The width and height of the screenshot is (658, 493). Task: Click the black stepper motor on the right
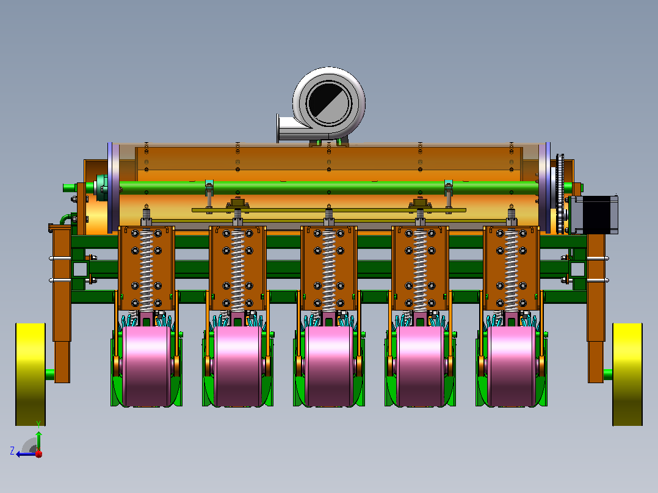coord(595,214)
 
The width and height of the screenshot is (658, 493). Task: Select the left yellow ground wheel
coord(31,374)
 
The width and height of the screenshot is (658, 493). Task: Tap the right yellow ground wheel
coord(627,374)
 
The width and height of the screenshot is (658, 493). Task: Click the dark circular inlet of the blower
coord(328,103)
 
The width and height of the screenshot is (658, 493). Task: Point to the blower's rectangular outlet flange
coord(278,128)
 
